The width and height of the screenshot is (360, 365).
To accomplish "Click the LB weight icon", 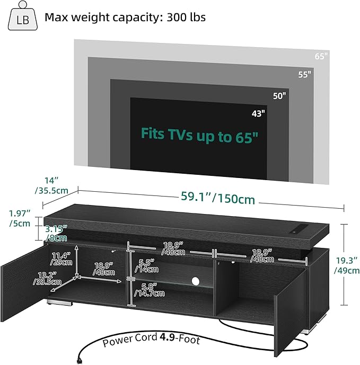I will pyautogui.click(x=23, y=17).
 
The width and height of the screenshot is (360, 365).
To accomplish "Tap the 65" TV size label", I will pyautogui.click(x=320, y=55).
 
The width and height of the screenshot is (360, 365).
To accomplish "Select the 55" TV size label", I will pyautogui.click(x=304, y=75).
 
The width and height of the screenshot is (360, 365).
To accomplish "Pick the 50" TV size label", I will pyautogui.click(x=280, y=96).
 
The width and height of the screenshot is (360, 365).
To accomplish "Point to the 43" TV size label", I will pyautogui.click(x=258, y=113).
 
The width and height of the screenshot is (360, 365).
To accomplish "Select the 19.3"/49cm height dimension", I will pyautogui.click(x=347, y=264).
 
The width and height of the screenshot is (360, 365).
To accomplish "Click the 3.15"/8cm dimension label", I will pyautogui.click(x=56, y=234).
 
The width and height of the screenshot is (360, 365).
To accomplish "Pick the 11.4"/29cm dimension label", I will pyautogui.click(x=62, y=258).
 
